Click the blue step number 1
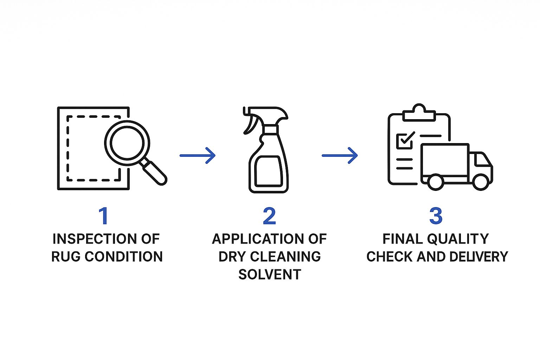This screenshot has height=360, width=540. click(x=104, y=216)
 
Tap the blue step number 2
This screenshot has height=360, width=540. click(x=269, y=216)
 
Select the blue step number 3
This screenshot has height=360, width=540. click(x=436, y=216)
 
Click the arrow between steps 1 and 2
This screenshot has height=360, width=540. click(x=198, y=155)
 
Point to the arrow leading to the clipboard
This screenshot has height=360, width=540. click(x=340, y=155)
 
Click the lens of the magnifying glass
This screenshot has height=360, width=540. click(x=127, y=143)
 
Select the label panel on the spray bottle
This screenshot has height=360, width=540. click(x=268, y=171)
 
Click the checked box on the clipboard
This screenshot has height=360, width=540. click(x=405, y=141)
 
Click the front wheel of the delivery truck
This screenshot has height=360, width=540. click(x=481, y=182)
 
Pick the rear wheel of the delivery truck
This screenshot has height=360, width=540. click(x=435, y=182)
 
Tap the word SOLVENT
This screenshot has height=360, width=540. click(x=270, y=275)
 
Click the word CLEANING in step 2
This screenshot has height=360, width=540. click(x=285, y=257)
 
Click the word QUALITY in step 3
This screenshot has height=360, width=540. click(x=458, y=239)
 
